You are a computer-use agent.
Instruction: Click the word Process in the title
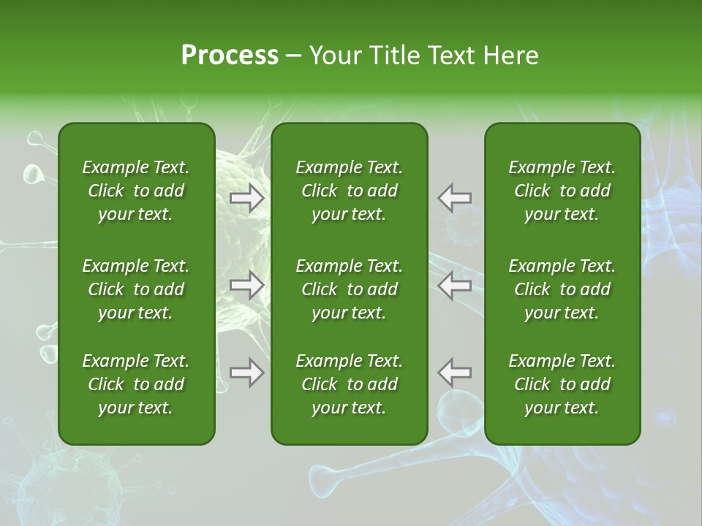click(230, 56)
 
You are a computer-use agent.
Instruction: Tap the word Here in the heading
click(511, 56)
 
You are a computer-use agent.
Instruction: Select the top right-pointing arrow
click(247, 198)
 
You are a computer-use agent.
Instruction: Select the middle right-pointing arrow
click(247, 285)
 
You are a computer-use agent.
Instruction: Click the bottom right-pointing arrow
click(247, 373)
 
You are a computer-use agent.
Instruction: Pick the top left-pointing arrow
click(455, 198)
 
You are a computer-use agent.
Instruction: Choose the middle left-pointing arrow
click(455, 285)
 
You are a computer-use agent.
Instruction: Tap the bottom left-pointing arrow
click(455, 373)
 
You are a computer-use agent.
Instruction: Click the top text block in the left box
click(136, 191)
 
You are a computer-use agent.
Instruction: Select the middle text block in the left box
click(136, 289)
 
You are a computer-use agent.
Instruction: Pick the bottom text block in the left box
click(136, 384)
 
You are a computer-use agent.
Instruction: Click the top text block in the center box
click(349, 191)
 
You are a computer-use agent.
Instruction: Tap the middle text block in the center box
click(349, 289)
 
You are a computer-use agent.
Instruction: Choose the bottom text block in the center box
click(349, 384)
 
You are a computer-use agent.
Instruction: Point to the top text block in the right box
click(562, 191)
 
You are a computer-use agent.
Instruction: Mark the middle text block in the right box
click(562, 289)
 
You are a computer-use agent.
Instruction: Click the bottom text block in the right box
click(562, 384)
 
